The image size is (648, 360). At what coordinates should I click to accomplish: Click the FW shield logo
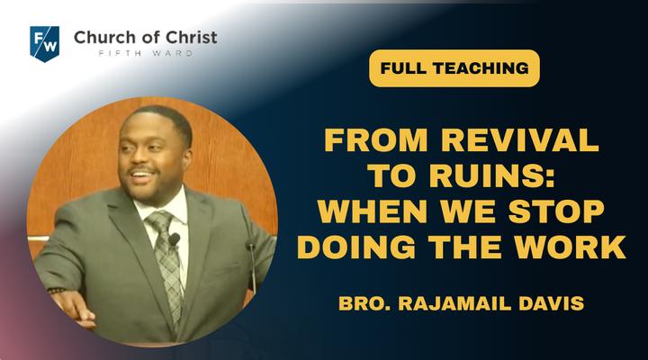pyautogui.click(x=45, y=44)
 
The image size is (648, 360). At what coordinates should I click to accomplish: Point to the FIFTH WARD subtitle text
pyautogui.click(x=146, y=53)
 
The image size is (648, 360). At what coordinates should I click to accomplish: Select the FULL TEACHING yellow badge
pyautogui.click(x=454, y=68)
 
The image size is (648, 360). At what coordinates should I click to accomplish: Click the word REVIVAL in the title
pyautogui.click(x=520, y=140)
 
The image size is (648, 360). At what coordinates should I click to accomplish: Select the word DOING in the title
pyautogui.click(x=356, y=247)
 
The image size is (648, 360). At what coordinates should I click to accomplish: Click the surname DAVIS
pyautogui.click(x=552, y=303)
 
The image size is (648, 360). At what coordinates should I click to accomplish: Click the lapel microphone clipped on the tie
pyautogui.click(x=174, y=239)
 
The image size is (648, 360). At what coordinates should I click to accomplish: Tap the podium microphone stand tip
pyautogui.click(x=250, y=245)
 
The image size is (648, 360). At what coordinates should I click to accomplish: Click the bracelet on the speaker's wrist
pyautogui.click(x=57, y=290)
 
